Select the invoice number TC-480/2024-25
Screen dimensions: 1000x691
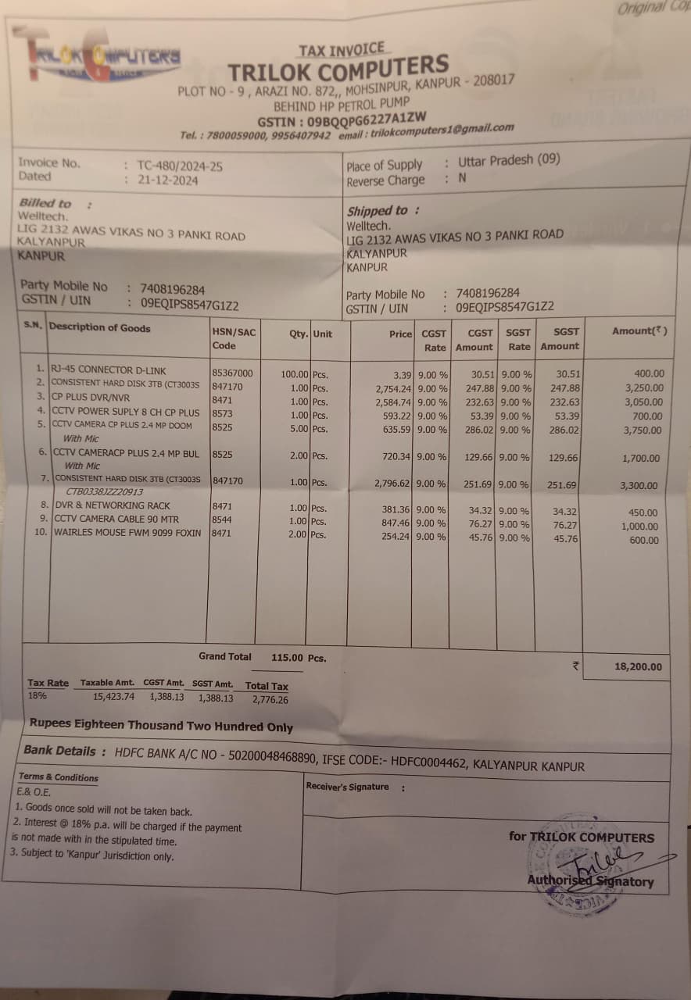point(180,166)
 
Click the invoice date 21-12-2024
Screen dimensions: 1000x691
point(167,180)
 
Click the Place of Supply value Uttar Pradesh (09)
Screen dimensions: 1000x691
point(509,161)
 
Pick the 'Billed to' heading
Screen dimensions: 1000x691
point(45,203)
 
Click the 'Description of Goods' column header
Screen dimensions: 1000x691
point(99,328)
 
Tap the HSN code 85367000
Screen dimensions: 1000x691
point(232,373)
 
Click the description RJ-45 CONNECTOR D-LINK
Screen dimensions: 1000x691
point(109,370)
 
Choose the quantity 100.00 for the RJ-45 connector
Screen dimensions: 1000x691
point(295,374)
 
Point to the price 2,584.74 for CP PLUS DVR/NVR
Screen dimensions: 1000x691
point(393,402)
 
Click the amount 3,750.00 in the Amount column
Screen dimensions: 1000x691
point(641,430)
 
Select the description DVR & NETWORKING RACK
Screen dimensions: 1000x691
point(111,505)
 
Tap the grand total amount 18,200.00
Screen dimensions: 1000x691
point(637,666)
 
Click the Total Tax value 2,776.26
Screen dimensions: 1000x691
point(270,700)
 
